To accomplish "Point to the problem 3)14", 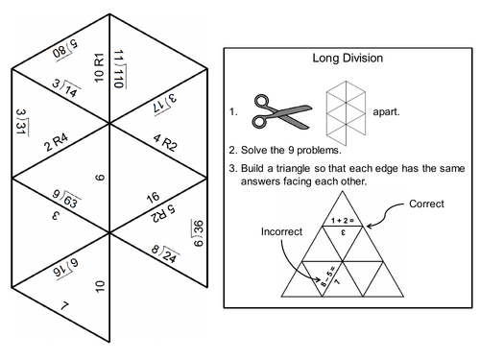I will pyautogui.click(x=66, y=91).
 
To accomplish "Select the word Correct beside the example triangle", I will pyautogui.click(x=426, y=204).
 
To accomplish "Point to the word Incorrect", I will pyautogui.click(x=280, y=231).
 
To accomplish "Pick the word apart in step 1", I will pyautogui.click(x=387, y=110).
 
